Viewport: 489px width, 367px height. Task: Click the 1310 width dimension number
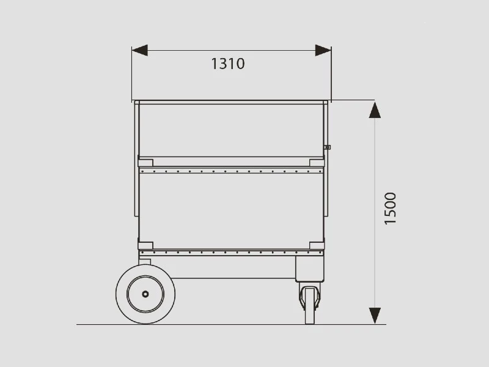point(228,64)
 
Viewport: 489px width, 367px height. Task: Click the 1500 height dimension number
point(390,209)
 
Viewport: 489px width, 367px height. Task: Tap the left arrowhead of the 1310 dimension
point(139,50)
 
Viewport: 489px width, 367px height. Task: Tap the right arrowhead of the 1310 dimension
point(323,50)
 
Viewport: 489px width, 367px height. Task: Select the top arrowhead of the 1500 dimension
point(375,110)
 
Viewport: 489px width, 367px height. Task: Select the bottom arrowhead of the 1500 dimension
point(375,316)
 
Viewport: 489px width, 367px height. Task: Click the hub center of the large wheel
point(145,294)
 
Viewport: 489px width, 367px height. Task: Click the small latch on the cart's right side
point(327,147)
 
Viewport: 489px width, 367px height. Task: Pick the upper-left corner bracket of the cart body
point(145,163)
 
